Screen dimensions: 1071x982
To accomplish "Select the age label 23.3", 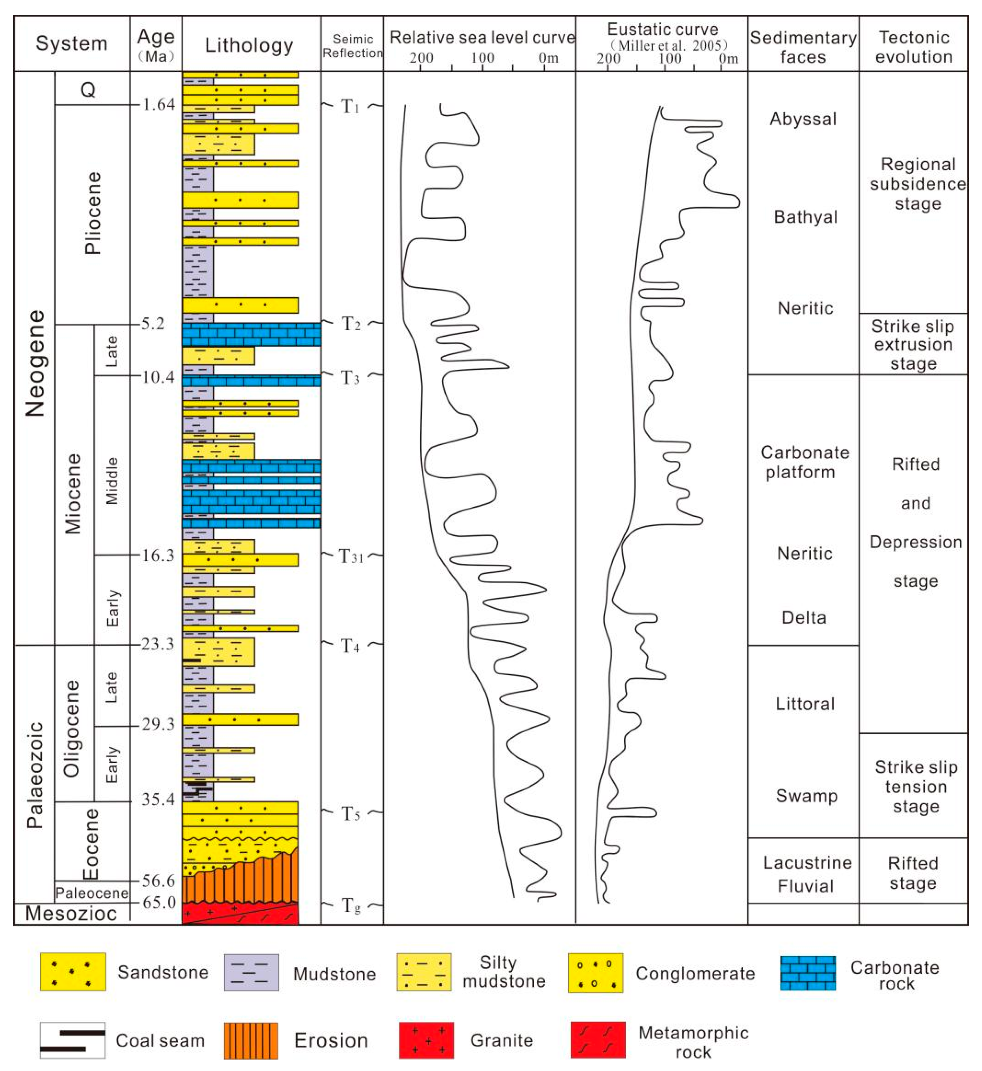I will coord(157,644).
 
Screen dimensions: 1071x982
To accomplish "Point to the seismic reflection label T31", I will coord(351,556).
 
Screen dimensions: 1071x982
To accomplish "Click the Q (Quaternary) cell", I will coord(88,89).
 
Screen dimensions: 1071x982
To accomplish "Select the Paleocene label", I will coord(92,893).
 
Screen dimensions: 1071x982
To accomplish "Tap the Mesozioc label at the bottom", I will coord(71,913).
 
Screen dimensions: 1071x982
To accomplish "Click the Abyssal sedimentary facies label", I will coord(803,119).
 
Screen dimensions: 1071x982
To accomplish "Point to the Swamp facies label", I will coord(806,795).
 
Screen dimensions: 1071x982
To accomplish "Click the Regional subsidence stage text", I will coord(918,184).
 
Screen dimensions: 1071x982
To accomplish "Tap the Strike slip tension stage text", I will coord(916,787).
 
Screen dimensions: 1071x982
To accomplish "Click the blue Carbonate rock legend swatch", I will coord(808,973).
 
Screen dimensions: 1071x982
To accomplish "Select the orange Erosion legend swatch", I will coord(251,1040).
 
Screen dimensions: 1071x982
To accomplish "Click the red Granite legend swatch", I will coord(426,1040).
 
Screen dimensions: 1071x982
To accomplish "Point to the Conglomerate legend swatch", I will coord(595,973).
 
